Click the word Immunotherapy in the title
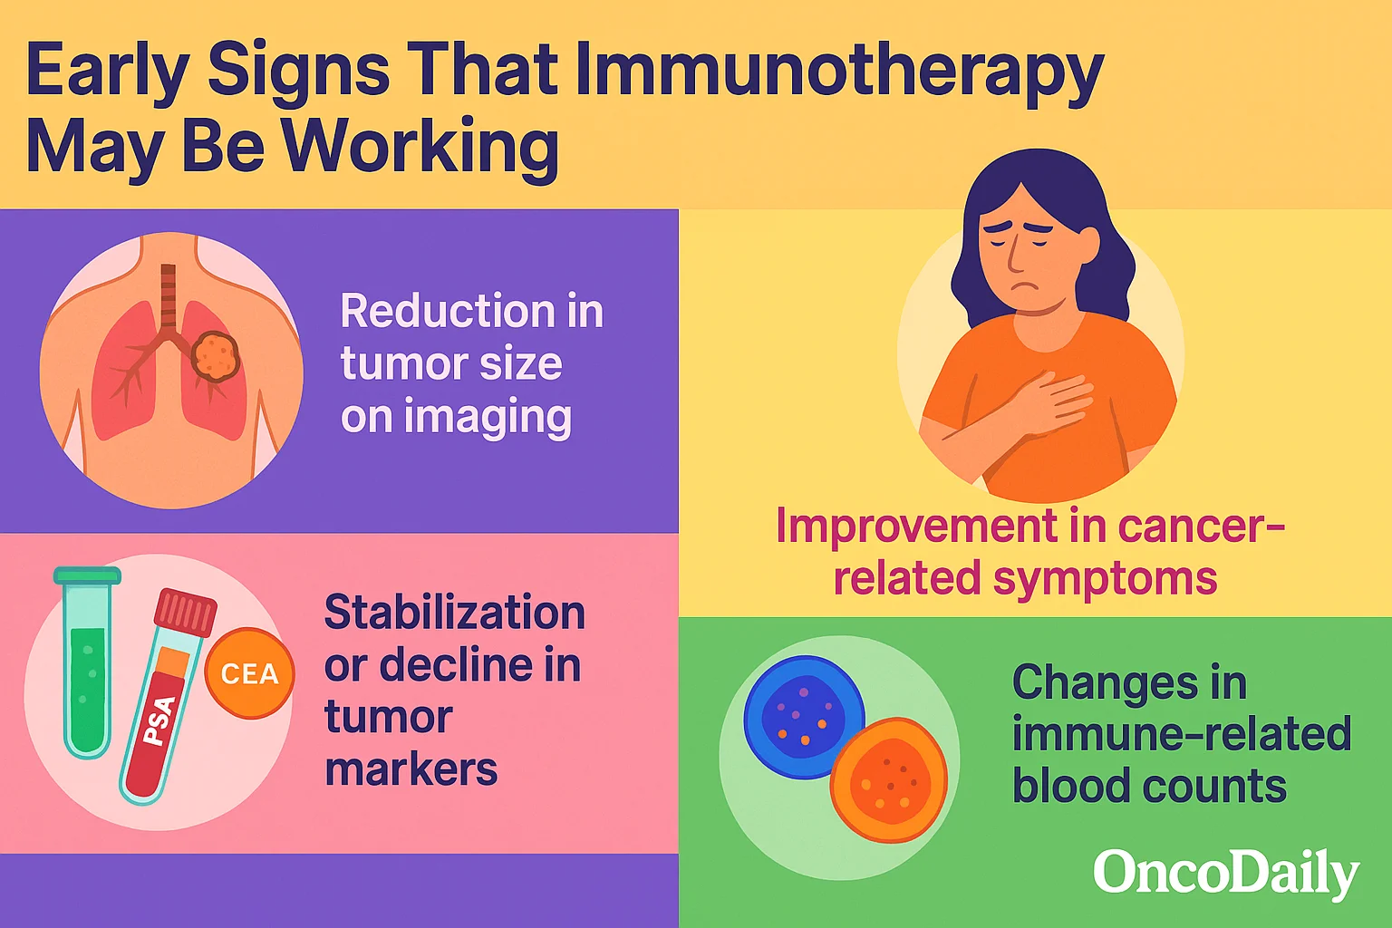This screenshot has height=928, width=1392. pyautogui.click(x=839, y=73)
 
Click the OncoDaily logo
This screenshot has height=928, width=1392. pyautogui.click(x=1226, y=874)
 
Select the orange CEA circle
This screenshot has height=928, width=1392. pyautogui.click(x=250, y=673)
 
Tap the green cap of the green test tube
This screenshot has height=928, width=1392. pyautogui.click(x=87, y=575)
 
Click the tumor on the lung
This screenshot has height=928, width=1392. pyautogui.click(x=215, y=355)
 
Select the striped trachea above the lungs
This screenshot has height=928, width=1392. pyautogui.click(x=169, y=295)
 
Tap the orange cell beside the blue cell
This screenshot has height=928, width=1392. pyautogui.click(x=889, y=779)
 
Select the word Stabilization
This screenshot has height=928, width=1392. pyautogui.click(x=455, y=613)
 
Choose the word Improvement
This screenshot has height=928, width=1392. pyautogui.click(x=917, y=526)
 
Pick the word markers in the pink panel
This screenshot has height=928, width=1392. pyautogui.click(x=411, y=769)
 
